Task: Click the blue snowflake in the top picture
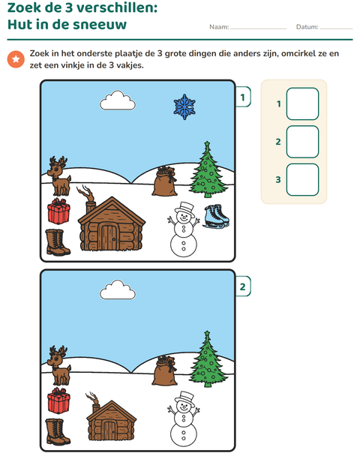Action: (x=184, y=106)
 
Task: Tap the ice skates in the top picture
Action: (x=216, y=216)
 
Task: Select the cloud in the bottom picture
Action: (x=118, y=290)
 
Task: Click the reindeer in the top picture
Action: (x=59, y=176)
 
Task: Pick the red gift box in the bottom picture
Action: (x=58, y=400)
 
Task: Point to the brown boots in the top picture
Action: (x=58, y=242)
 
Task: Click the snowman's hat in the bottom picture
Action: (x=184, y=398)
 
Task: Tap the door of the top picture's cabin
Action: (x=109, y=238)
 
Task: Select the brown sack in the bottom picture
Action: (x=164, y=370)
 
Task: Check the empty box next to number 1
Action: (x=302, y=103)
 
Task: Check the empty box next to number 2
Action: (x=302, y=142)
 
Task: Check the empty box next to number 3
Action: (x=302, y=180)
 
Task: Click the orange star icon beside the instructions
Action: (x=16, y=59)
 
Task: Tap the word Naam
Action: (x=219, y=27)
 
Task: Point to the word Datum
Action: (x=307, y=27)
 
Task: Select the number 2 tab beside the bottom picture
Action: (x=243, y=286)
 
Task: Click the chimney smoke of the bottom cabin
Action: (x=92, y=398)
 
